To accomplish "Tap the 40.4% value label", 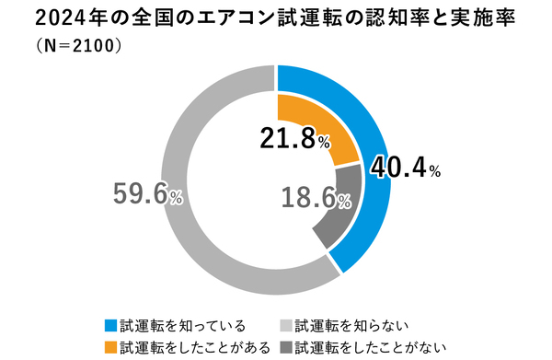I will point(406,169).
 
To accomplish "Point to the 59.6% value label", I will point(147,193).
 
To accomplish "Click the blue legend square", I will point(111,325).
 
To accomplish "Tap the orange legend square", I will point(111,346).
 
